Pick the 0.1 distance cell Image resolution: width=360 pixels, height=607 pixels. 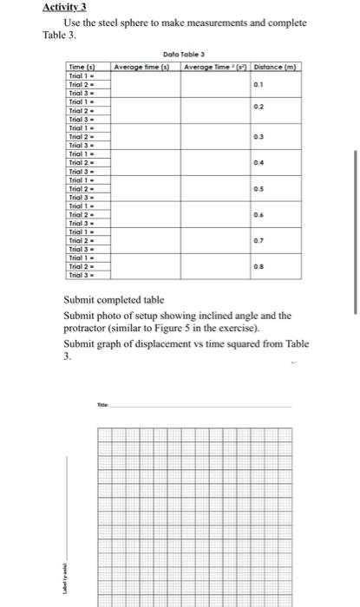pos(257,84)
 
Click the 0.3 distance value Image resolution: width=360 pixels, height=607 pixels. pos(257,137)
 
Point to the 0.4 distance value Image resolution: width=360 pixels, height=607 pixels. pos(257,163)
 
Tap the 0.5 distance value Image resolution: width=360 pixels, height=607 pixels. pos(257,189)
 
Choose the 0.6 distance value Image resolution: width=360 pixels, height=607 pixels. pos(257,215)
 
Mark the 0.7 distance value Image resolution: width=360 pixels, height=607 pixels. pos(257,241)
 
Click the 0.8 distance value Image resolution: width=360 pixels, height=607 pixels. pos(257,267)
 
